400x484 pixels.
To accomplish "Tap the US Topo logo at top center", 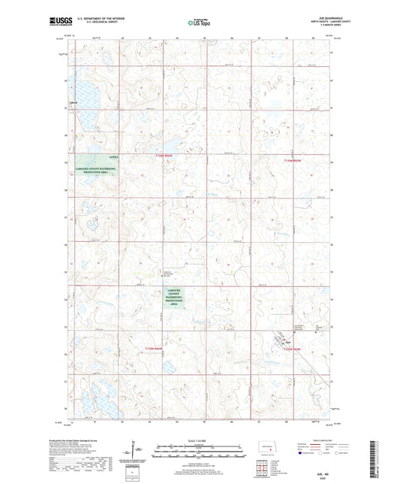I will pyautogui.click(x=200, y=23).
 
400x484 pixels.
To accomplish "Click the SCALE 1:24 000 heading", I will pyautogui.click(x=200, y=439).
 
